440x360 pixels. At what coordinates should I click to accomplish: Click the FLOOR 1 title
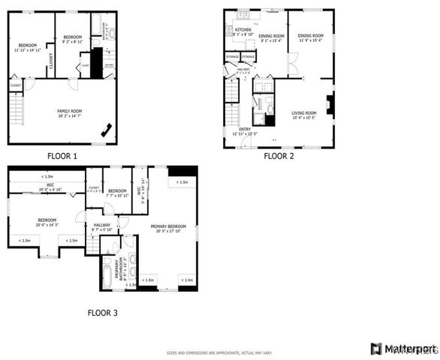pos(62,156)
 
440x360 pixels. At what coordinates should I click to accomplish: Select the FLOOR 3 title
pos(102,312)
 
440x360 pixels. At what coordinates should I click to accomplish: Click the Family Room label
pos(70,112)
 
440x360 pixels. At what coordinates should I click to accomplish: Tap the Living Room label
pos(303,115)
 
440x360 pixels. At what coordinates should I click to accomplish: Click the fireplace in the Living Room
pos(330,105)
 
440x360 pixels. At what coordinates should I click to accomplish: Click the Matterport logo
pos(403,349)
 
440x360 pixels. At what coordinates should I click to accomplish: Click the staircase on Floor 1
pos(17,111)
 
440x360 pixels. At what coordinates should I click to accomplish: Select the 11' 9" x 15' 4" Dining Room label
pos(309,37)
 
